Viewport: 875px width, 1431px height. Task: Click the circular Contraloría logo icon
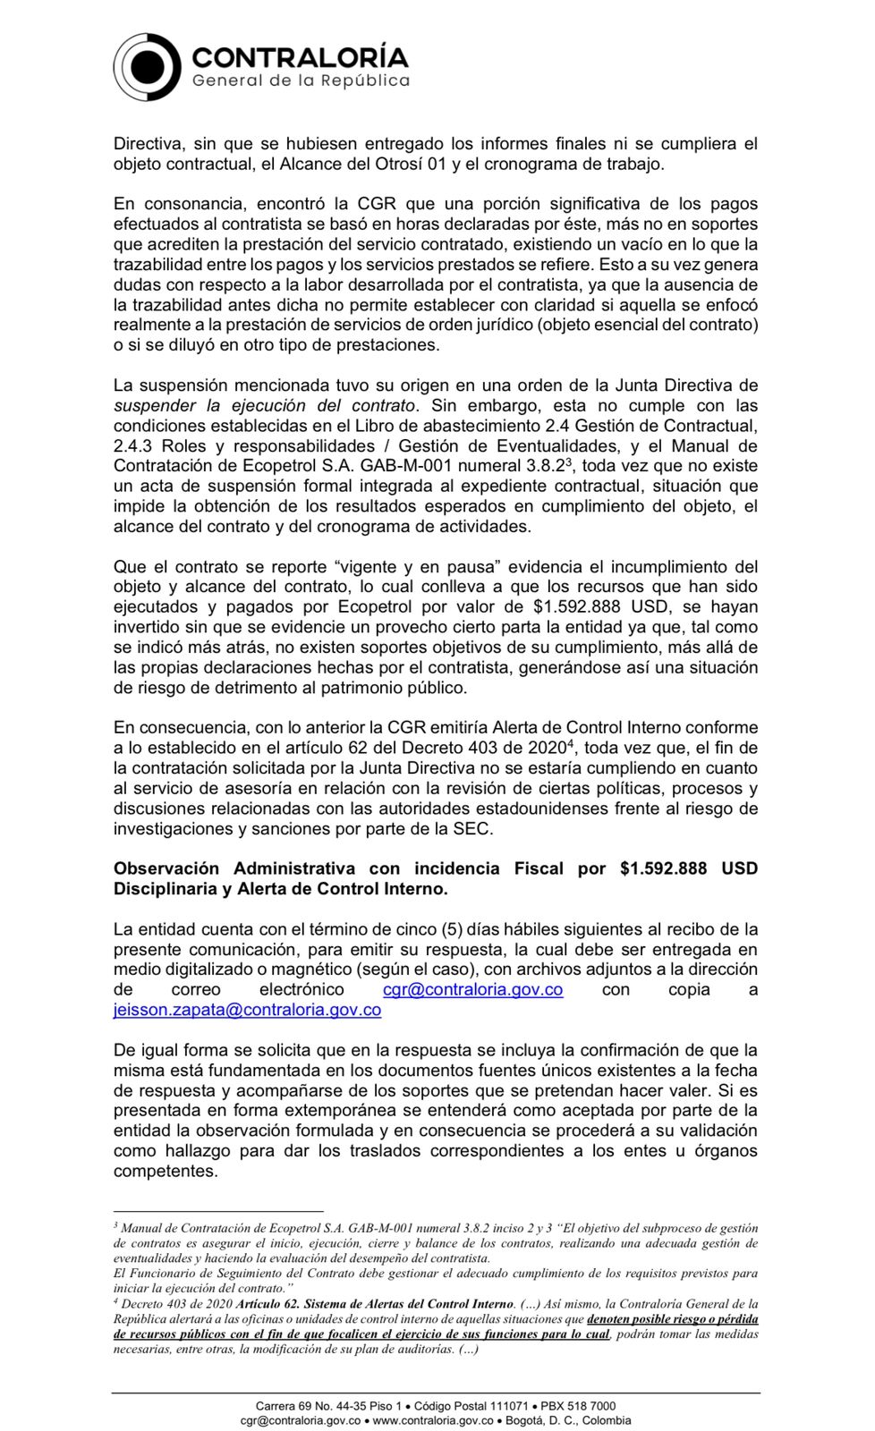[148, 67]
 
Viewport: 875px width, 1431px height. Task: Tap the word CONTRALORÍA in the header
[300, 57]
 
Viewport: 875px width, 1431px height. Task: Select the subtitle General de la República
[301, 80]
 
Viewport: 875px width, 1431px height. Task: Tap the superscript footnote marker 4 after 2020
[572, 743]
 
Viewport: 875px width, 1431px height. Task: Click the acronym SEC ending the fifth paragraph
[472, 828]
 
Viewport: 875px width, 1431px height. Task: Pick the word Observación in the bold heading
[166, 868]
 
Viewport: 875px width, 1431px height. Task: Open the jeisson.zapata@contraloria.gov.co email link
[247, 1010]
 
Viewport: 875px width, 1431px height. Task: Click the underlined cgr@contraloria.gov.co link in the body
[472, 989]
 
